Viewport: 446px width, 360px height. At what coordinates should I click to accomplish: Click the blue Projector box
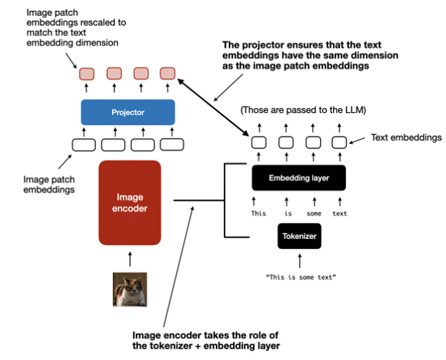pos(127,112)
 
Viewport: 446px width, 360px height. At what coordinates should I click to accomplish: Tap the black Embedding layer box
pos(298,177)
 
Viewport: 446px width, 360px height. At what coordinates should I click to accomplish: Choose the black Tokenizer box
pos(299,235)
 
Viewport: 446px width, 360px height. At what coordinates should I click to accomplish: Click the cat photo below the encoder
pos(129,289)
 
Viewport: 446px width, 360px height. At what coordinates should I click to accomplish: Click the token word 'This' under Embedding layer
pos(258,213)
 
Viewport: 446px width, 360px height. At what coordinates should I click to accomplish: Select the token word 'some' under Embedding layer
pos(314,213)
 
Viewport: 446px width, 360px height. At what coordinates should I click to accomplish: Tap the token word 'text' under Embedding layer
pos(340,213)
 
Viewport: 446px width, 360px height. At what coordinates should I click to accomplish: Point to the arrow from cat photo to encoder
pos(129,258)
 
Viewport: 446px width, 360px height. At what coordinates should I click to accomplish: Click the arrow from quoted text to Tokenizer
pos(299,261)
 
